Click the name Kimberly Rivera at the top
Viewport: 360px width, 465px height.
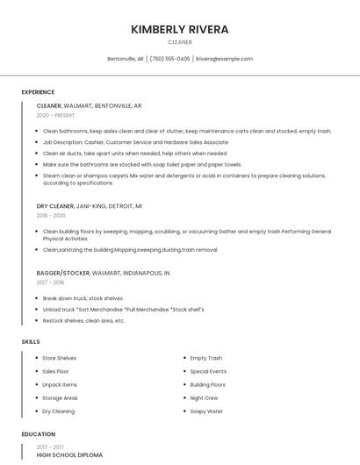pos(179,29)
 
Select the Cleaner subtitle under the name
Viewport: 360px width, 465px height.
pos(179,42)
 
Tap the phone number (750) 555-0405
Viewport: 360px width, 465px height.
pos(169,59)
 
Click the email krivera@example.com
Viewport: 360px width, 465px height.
pos(224,59)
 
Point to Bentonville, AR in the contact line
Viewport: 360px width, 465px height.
pos(126,59)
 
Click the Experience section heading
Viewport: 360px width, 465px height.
pos(38,92)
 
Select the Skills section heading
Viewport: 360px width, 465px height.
pos(31,341)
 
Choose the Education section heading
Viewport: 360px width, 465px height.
pos(39,434)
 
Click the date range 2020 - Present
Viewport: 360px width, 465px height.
pos(55,115)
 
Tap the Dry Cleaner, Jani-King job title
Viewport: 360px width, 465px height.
pos(89,205)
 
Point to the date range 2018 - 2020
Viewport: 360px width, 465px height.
pos(51,215)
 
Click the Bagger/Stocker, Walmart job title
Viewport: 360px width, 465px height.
pos(103,273)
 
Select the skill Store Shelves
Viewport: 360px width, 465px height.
pos(60,358)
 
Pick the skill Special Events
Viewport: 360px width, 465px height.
pos(208,371)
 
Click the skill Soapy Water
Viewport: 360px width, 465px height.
pos(206,411)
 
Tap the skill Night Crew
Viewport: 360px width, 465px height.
pos(204,397)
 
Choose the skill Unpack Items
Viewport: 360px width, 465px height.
pos(60,384)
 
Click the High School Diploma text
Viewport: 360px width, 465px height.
pos(69,455)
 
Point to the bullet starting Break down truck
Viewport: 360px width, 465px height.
pos(83,298)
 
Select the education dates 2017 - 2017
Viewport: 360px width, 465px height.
pos(51,445)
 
